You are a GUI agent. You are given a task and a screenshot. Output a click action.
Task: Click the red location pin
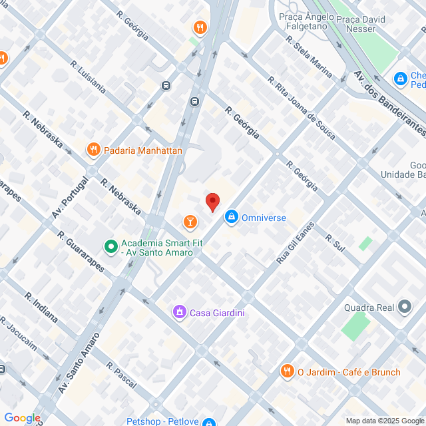pyautogui.click(x=212, y=202)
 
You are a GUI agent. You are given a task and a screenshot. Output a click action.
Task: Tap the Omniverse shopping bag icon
pyautogui.click(x=231, y=217)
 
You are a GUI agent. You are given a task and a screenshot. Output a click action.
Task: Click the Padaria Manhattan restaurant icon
pyautogui.click(x=93, y=150)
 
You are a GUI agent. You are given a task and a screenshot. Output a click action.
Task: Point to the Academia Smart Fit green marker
pyautogui.click(x=110, y=246)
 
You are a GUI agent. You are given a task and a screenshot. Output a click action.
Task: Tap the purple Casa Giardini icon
pyautogui.click(x=179, y=312)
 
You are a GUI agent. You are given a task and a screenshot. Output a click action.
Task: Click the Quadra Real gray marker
pyautogui.click(x=405, y=308)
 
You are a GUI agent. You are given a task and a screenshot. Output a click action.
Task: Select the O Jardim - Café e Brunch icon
pyautogui.click(x=287, y=372)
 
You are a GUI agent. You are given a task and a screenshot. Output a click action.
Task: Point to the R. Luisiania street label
pyautogui.click(x=88, y=77)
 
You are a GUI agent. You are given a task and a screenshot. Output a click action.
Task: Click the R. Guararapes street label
pyautogui.click(x=81, y=252)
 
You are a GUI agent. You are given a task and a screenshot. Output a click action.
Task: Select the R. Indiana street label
pyautogui.click(x=41, y=307)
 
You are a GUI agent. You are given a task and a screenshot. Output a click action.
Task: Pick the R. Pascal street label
pyautogui.click(x=121, y=375)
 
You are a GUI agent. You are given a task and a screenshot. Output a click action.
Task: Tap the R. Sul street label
pyautogui.click(x=335, y=242)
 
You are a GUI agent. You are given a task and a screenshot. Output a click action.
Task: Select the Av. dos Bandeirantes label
pyautogui.click(x=389, y=103)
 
